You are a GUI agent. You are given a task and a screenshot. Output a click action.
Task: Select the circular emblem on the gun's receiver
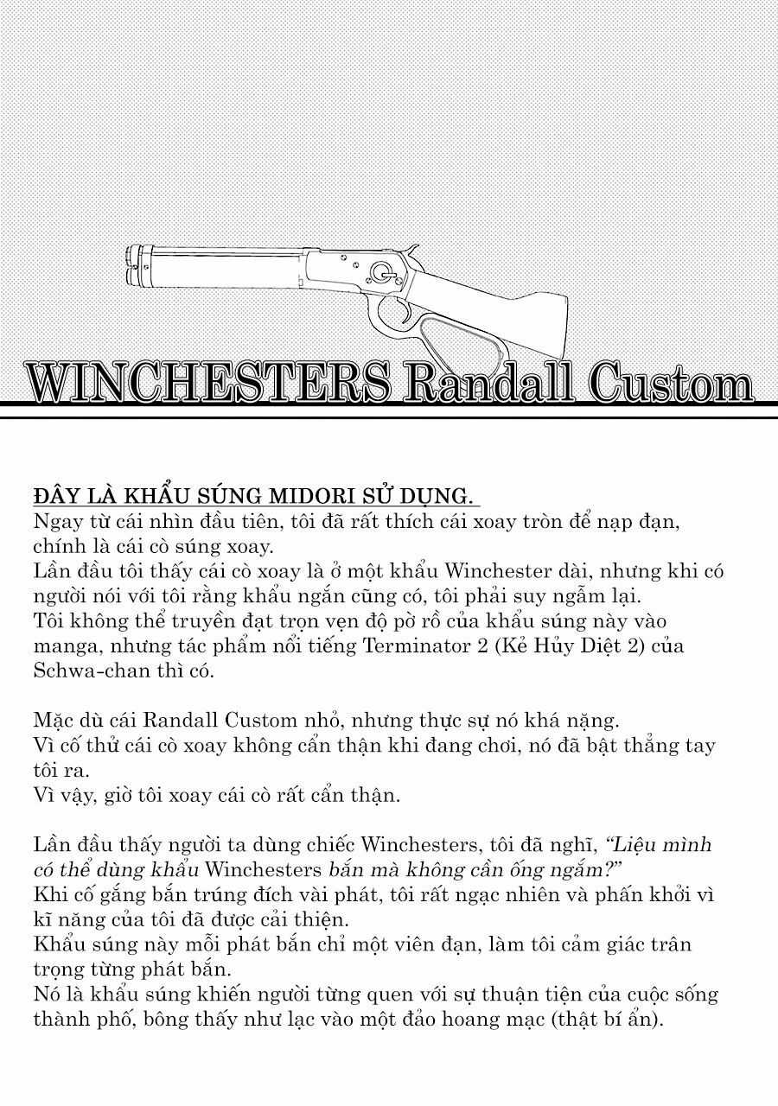(x=380, y=271)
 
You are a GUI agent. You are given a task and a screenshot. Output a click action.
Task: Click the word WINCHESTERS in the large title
(x=207, y=382)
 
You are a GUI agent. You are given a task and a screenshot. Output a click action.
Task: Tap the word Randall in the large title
(x=488, y=382)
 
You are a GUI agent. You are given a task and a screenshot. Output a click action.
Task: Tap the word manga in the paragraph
(x=64, y=646)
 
